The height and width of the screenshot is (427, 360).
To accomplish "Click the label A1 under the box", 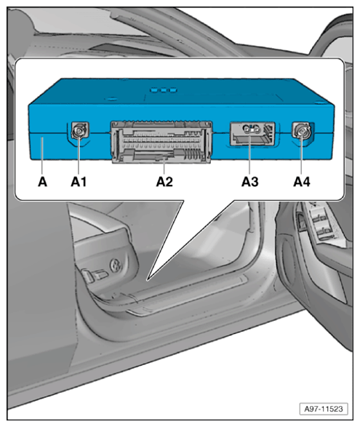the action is tap(79, 182).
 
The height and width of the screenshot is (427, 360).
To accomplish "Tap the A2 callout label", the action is tap(164, 182).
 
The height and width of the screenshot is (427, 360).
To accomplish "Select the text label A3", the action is tap(249, 182).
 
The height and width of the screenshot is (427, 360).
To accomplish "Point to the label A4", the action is tap(301, 182).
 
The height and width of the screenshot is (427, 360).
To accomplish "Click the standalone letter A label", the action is tap(42, 182).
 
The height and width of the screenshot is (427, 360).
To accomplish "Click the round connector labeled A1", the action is tap(79, 131).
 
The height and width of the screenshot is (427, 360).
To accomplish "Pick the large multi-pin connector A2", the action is tap(161, 142).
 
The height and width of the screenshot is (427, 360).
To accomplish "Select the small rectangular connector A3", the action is tap(252, 133).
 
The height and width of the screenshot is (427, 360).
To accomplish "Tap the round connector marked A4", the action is tap(301, 130).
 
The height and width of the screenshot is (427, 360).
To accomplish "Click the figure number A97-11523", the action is tap(323, 409).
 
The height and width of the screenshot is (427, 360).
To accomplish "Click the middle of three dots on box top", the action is tap(164, 89).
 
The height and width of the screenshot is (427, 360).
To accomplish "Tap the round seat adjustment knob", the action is tap(115, 266).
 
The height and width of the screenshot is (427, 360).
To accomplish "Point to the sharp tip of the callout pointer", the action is tap(147, 280).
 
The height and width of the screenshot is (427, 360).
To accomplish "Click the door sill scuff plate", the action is tap(188, 295).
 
